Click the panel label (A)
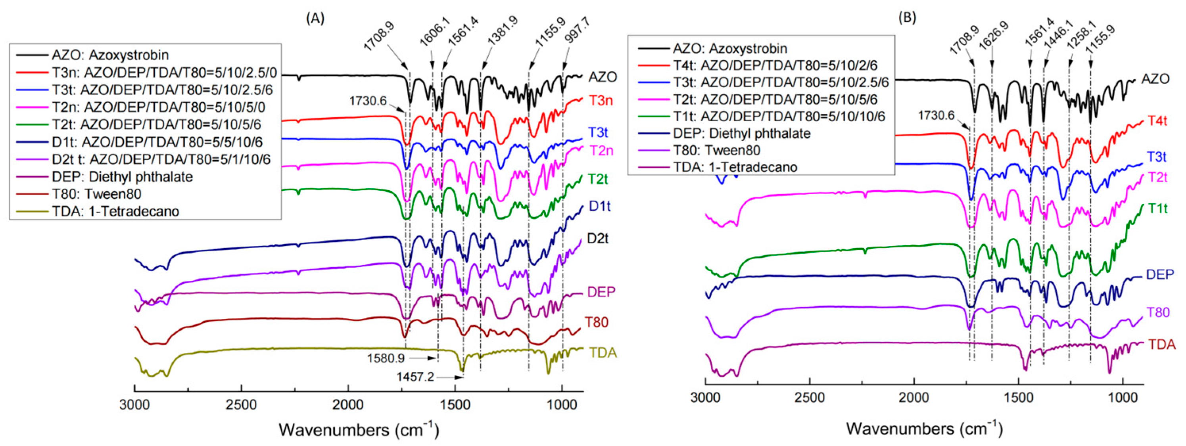tap(315, 18)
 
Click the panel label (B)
tap(907, 17)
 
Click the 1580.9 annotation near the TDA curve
tap(386, 358)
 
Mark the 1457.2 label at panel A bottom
tap(415, 377)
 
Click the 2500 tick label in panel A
tap(241, 405)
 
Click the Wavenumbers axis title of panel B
tap(923, 429)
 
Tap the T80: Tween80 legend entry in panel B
tap(716, 150)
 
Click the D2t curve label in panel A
tap(598, 238)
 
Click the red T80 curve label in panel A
tap(597, 322)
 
